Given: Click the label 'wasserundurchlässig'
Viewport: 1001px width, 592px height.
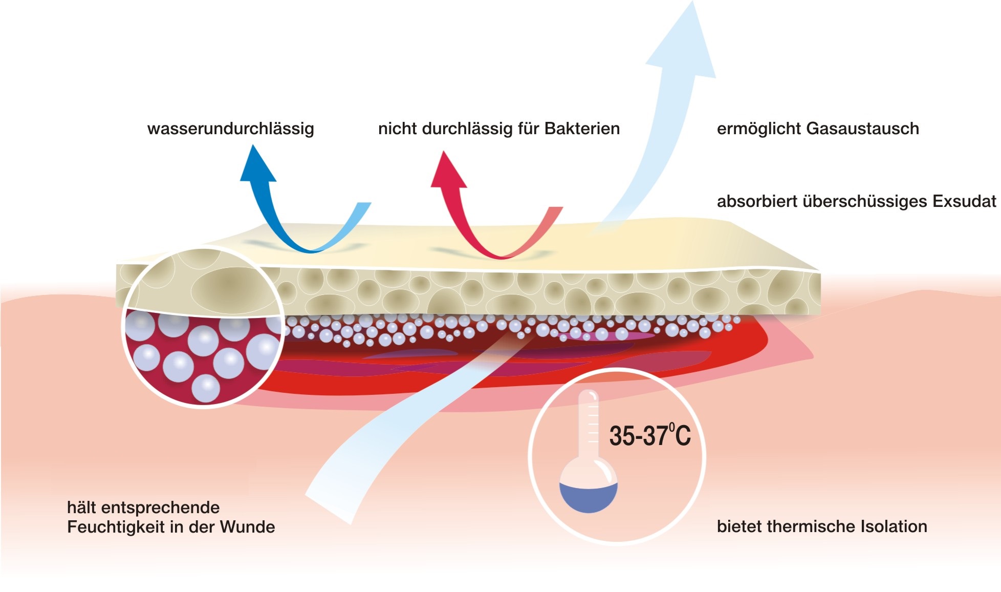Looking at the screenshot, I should point(230,129).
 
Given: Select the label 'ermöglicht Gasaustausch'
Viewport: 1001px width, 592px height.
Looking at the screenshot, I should point(818,129).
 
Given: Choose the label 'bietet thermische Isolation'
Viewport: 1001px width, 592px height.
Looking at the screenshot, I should point(822,526).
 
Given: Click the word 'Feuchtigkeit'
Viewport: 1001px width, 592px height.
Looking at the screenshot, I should point(120,527).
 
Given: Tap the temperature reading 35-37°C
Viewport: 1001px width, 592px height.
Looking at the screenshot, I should point(650,436).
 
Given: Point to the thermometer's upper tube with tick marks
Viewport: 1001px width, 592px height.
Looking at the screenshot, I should point(589,420).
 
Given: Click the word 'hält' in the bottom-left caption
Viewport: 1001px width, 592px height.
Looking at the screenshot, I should point(82,508).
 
